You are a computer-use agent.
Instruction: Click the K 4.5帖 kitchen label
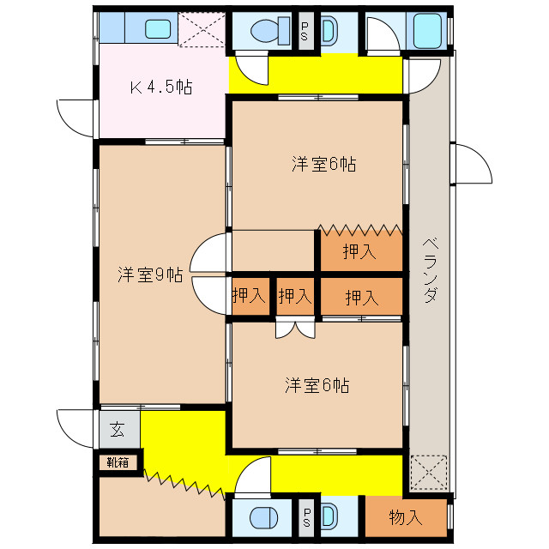click(x=160, y=87)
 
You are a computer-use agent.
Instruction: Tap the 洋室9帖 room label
click(x=150, y=275)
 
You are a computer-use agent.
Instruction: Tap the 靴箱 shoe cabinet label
click(x=118, y=462)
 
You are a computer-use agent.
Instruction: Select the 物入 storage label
click(x=406, y=517)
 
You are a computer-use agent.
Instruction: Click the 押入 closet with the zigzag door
click(x=360, y=251)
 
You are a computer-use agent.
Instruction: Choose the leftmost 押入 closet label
click(x=249, y=297)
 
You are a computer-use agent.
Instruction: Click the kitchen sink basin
click(x=158, y=28)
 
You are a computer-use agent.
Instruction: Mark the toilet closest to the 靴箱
click(x=260, y=519)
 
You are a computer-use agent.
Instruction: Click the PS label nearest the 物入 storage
click(x=305, y=517)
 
